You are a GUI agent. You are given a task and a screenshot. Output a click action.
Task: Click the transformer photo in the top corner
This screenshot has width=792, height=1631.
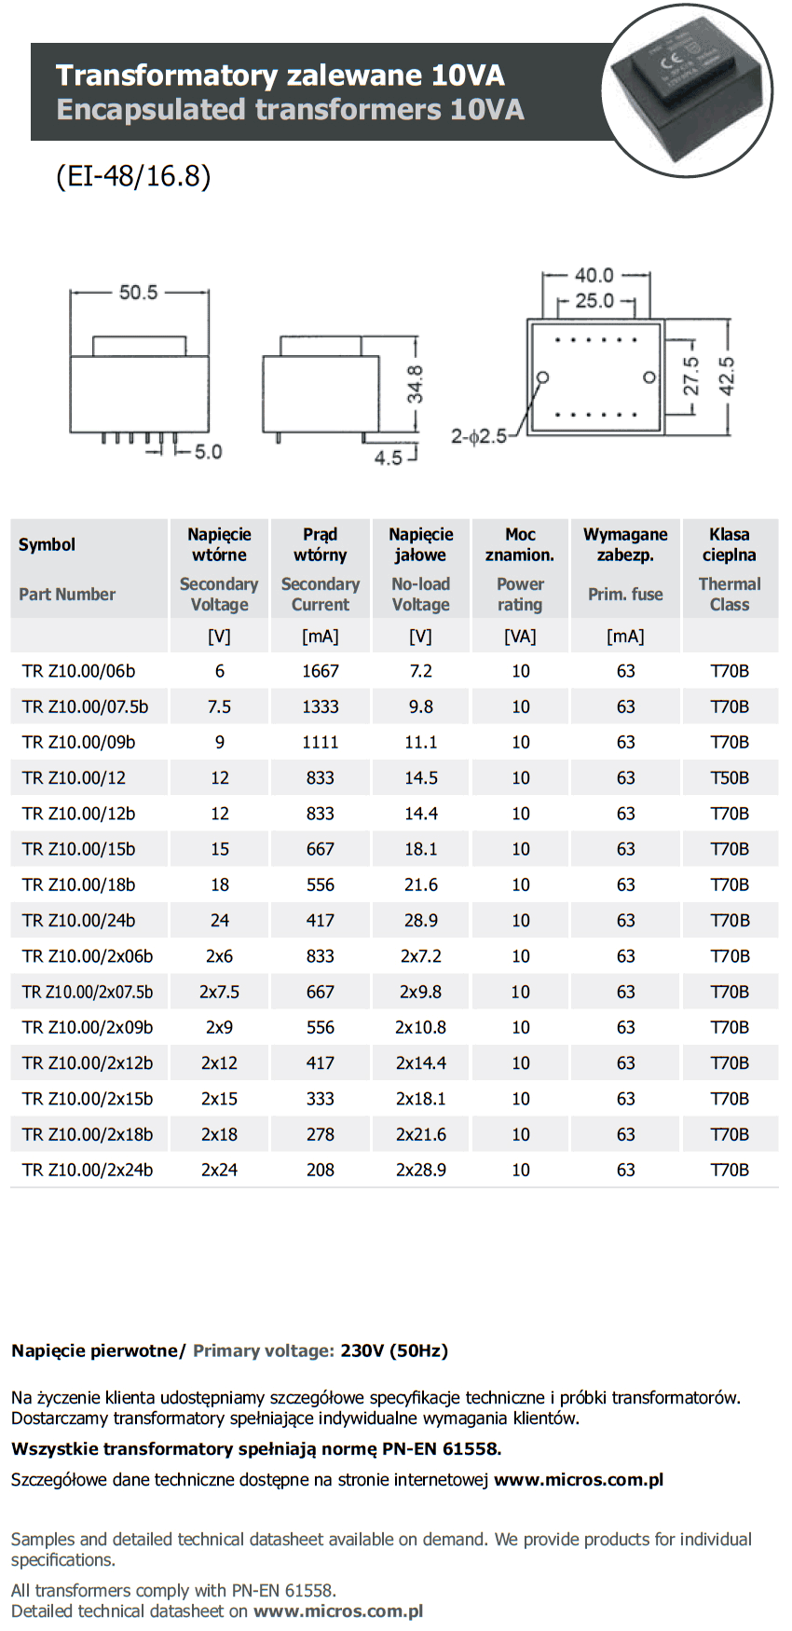click(688, 89)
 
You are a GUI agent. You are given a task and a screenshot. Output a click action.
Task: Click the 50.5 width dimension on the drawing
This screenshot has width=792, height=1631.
click(138, 293)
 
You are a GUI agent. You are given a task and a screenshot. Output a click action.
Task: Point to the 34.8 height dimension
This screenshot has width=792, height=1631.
click(415, 384)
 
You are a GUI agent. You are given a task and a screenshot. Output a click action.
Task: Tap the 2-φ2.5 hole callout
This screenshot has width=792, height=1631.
click(479, 436)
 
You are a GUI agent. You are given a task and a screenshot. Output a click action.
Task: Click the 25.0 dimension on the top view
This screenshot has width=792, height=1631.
click(594, 301)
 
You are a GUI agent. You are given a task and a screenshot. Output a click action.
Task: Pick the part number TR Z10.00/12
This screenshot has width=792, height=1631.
click(74, 778)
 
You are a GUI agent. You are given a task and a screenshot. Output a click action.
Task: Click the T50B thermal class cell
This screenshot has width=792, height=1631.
click(730, 778)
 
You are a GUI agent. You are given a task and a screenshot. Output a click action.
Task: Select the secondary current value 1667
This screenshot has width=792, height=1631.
click(320, 671)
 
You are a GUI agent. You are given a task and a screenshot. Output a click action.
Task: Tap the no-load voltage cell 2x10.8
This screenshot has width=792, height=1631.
click(420, 1027)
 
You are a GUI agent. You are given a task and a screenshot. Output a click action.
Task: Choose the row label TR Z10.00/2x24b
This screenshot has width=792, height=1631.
click(88, 1170)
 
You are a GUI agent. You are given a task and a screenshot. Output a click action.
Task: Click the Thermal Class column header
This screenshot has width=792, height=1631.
click(730, 594)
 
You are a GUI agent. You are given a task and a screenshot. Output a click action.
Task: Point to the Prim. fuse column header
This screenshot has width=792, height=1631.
click(625, 594)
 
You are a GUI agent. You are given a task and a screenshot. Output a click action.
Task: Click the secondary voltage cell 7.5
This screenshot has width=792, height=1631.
click(219, 706)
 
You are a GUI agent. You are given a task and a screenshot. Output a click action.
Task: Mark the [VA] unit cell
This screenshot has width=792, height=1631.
click(520, 637)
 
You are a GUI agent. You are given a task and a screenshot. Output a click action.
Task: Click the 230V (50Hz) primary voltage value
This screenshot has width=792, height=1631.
click(394, 1350)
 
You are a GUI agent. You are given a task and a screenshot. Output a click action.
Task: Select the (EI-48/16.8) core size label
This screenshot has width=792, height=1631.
click(133, 175)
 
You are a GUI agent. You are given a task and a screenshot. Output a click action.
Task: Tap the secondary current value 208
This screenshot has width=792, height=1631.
click(320, 1170)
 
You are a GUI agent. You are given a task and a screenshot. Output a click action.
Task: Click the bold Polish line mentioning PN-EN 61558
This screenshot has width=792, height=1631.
click(256, 1448)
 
